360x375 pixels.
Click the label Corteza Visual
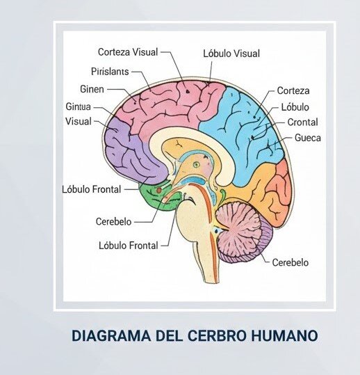(x=128, y=52)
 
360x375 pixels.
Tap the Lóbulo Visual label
(x=231, y=54)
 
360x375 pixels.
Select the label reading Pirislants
(x=110, y=72)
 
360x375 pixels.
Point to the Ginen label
(x=92, y=89)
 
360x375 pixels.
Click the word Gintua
(x=78, y=106)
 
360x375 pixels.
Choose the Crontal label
(x=302, y=122)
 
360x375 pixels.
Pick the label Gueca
(x=308, y=138)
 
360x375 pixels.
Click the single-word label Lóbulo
(x=295, y=107)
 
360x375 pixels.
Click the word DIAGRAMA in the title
(x=111, y=335)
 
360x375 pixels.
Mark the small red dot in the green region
(x=159, y=191)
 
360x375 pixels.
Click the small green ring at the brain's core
(x=197, y=164)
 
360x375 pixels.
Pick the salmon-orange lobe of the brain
(x=279, y=191)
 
